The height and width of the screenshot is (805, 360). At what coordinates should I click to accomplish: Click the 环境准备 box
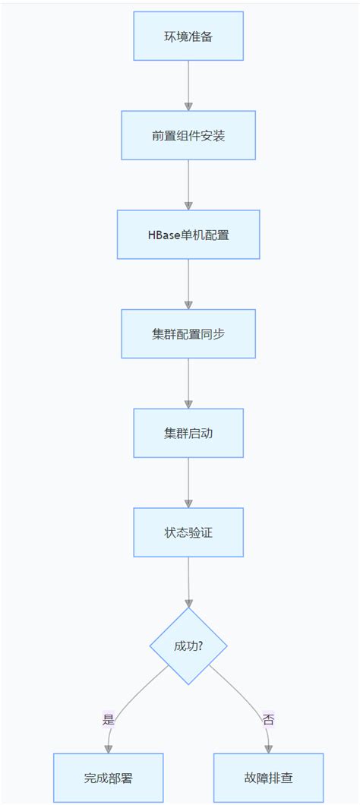coord(188,36)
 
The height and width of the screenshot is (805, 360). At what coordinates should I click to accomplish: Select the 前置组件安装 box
coord(188,135)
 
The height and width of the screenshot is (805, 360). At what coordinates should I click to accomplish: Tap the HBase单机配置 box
coord(188,235)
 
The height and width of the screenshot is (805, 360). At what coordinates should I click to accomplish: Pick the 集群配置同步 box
coord(188,333)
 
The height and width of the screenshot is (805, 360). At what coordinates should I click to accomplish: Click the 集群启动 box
coord(188,433)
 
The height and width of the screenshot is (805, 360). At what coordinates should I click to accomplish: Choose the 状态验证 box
coord(188,532)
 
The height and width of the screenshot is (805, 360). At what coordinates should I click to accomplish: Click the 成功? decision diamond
coord(188,646)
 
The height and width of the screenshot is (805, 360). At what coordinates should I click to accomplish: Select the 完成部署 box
coord(109,778)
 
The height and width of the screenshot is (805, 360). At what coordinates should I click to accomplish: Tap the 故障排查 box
coord(268,778)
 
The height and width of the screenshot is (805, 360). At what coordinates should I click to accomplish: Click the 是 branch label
coord(108,719)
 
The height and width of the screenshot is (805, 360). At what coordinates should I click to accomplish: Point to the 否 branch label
coord(268,719)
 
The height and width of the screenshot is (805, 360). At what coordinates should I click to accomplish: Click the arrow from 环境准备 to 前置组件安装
coord(188,85)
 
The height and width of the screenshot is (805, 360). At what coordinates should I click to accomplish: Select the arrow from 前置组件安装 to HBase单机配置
coord(188,185)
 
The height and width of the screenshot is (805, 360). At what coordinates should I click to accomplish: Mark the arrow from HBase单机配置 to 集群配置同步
coord(188,284)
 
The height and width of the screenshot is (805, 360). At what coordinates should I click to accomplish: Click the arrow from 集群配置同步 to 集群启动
coord(188,384)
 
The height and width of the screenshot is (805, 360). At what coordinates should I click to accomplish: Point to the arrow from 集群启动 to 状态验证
coord(188,482)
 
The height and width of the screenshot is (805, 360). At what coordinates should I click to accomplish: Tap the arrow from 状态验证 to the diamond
coord(188,582)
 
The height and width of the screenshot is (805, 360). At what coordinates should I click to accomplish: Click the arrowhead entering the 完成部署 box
coord(109,749)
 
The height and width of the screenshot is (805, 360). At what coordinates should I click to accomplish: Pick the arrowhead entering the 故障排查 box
coord(268,749)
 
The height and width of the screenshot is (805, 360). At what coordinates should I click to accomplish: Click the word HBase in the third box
coord(163,235)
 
